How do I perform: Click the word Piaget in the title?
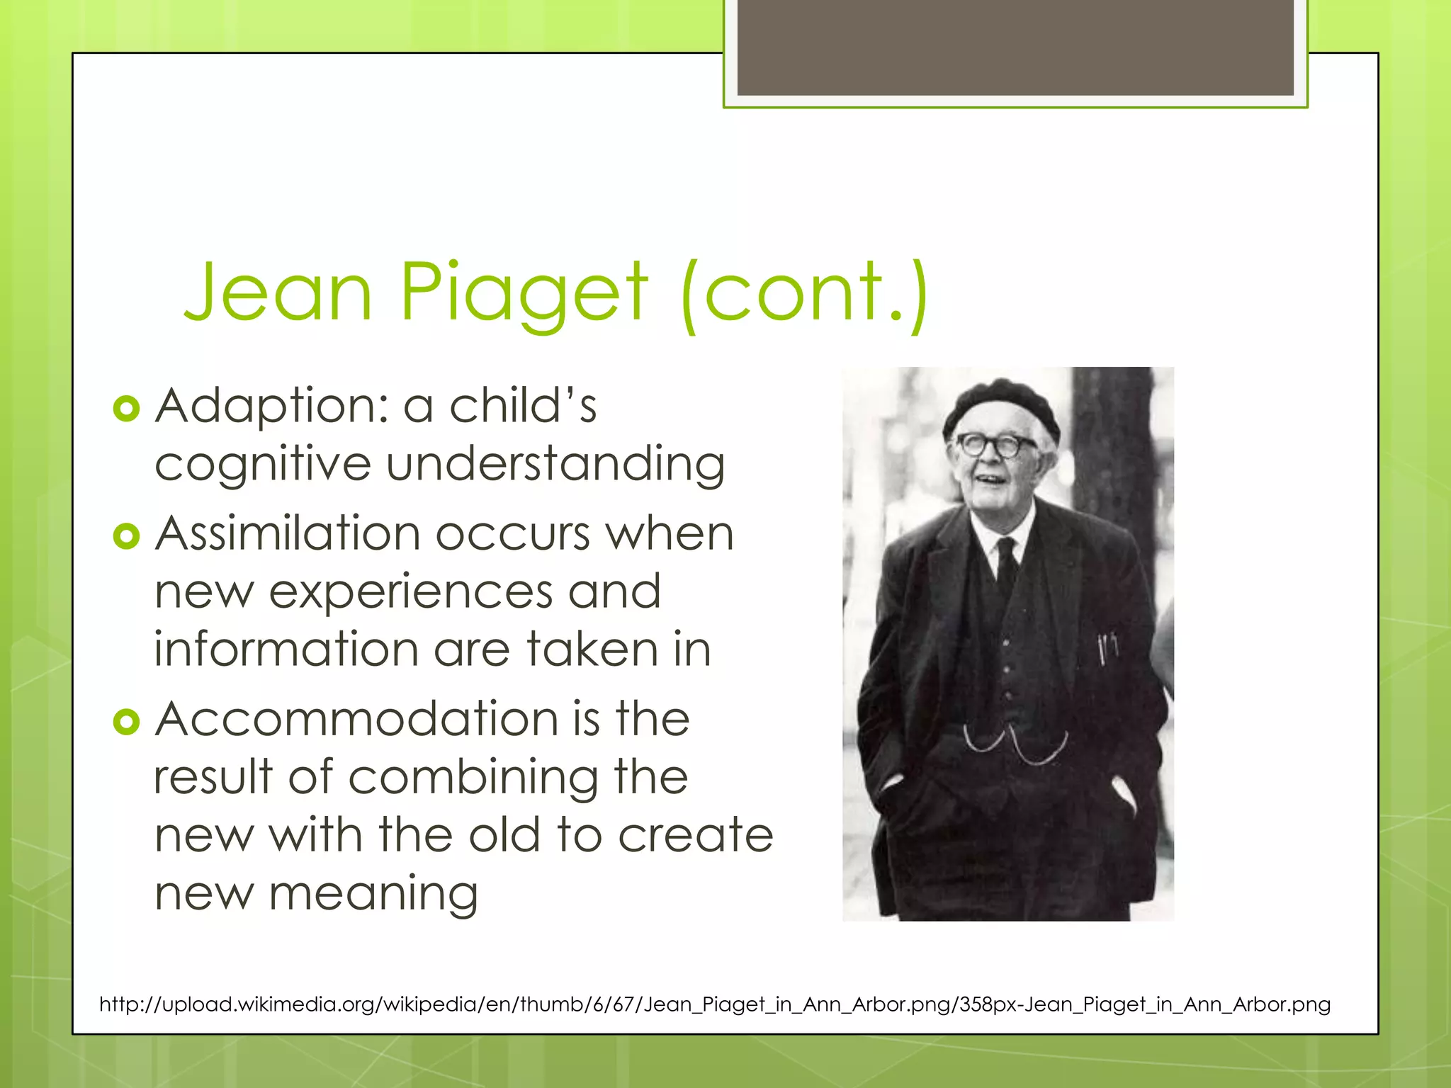click(x=524, y=292)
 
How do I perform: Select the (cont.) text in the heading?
click(x=804, y=292)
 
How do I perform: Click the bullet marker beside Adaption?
click(x=126, y=409)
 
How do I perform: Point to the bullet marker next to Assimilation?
click(x=126, y=536)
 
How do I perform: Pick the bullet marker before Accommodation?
click(x=126, y=722)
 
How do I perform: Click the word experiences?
click(x=410, y=592)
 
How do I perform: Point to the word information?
click(x=286, y=650)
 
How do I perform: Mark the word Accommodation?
click(x=357, y=720)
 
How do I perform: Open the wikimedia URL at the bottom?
click(x=715, y=1004)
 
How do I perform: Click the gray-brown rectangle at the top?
click(x=1015, y=47)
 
